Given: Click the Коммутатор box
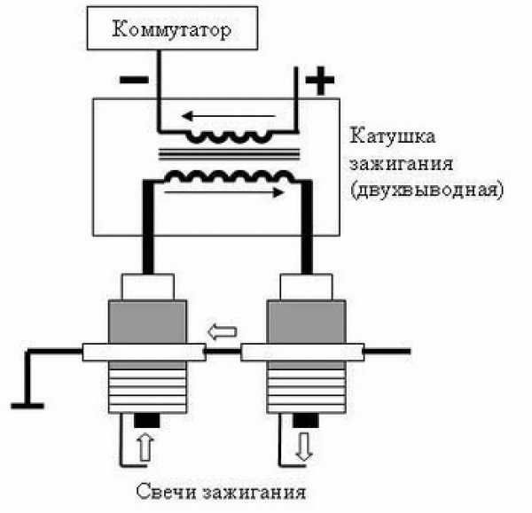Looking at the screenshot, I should tap(172, 30).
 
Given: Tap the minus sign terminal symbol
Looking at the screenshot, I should tap(133, 79).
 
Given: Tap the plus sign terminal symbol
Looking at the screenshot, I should tap(319, 82).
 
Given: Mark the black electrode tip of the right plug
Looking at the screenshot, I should tap(305, 419).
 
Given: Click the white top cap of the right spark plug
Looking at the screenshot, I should tap(305, 286).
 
